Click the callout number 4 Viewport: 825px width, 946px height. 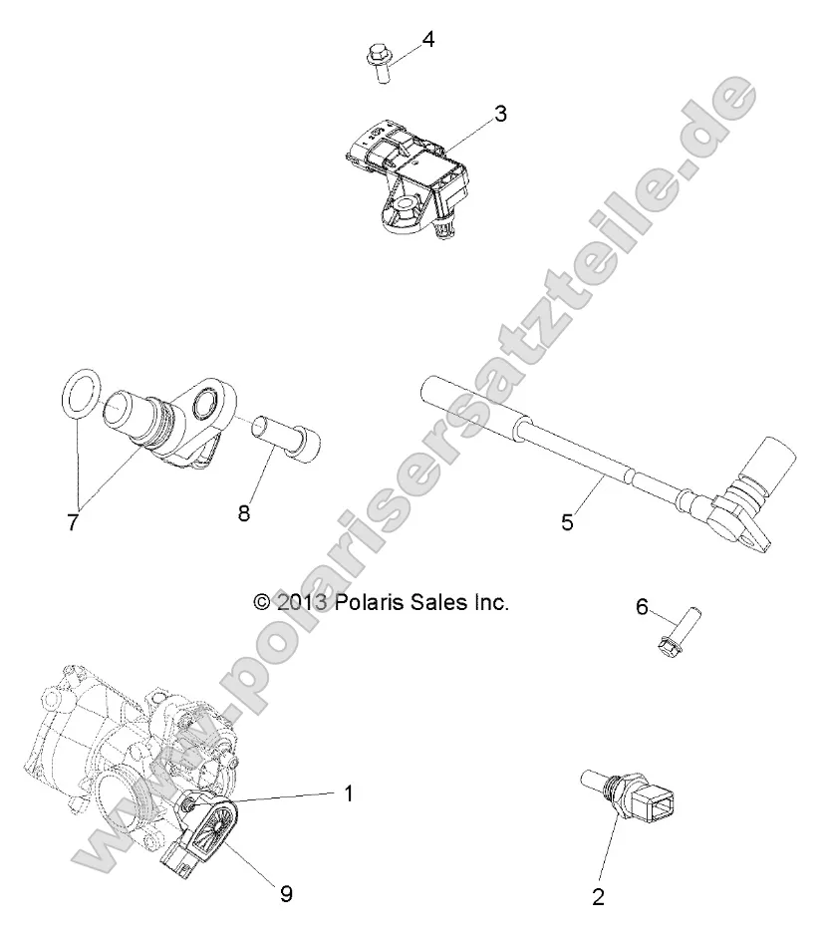427,40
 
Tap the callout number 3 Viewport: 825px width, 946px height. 500,114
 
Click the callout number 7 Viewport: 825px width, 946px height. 72,520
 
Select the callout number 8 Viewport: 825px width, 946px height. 243,514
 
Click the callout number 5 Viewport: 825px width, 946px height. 567,520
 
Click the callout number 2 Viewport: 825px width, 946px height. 598,896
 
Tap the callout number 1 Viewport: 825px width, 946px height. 348,793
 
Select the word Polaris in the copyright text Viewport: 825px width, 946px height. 369,602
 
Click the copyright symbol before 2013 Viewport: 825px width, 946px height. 262,602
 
